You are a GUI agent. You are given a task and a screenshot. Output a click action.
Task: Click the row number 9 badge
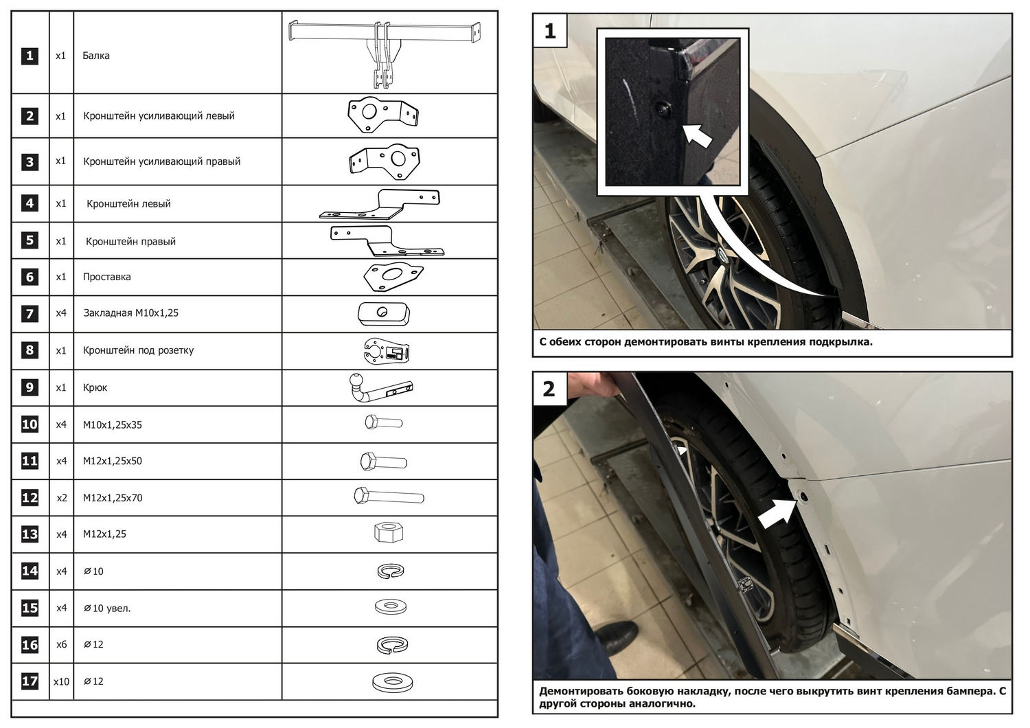(x=30, y=387)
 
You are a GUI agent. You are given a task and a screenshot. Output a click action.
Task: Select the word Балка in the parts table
(x=96, y=56)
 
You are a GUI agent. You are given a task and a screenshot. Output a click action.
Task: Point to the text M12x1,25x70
(x=113, y=498)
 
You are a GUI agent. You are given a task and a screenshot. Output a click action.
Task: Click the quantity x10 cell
(x=61, y=681)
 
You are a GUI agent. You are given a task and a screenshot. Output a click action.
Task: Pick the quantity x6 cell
(x=61, y=644)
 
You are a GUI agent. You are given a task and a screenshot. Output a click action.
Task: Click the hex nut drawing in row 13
(x=388, y=532)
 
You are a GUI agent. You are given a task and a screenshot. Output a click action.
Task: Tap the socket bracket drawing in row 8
(x=386, y=351)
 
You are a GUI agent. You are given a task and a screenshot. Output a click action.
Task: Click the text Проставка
(x=106, y=277)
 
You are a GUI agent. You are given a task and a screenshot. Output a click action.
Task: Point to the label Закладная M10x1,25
(x=130, y=313)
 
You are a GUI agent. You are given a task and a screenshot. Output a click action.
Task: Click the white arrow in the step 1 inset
(x=698, y=135)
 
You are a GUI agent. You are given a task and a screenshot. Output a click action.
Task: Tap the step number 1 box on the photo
(x=549, y=31)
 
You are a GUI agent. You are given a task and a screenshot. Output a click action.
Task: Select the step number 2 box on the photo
(x=549, y=389)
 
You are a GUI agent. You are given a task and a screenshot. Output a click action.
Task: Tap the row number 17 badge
(x=30, y=681)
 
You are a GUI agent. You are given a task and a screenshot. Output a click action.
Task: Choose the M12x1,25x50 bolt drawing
(x=383, y=462)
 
